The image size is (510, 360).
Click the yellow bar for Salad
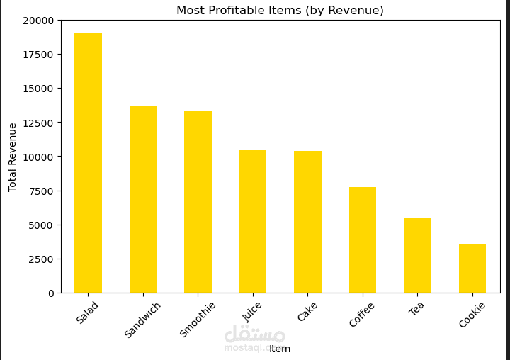coord(88,163)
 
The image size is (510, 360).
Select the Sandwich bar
coord(143,199)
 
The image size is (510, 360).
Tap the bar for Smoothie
coord(198,202)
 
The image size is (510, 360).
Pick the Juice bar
coord(253,221)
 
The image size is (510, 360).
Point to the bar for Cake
coord(307,222)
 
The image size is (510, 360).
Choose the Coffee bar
coord(363,240)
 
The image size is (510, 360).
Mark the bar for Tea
coord(417,256)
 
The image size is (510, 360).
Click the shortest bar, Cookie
coord(472,269)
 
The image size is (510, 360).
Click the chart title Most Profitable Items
coord(280,11)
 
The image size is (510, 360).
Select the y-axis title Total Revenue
coord(13,157)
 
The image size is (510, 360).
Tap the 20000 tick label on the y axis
coord(38,21)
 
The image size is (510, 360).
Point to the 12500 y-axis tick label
coord(38,123)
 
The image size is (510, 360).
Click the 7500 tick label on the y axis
coord(40,191)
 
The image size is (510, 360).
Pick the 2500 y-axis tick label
coord(40,259)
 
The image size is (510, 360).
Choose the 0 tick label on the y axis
coord(50,293)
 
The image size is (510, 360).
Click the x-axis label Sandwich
coord(143,320)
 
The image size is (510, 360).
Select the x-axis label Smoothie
coord(198,320)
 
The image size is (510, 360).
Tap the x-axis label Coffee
coord(361,315)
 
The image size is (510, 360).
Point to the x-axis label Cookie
coord(472,315)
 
